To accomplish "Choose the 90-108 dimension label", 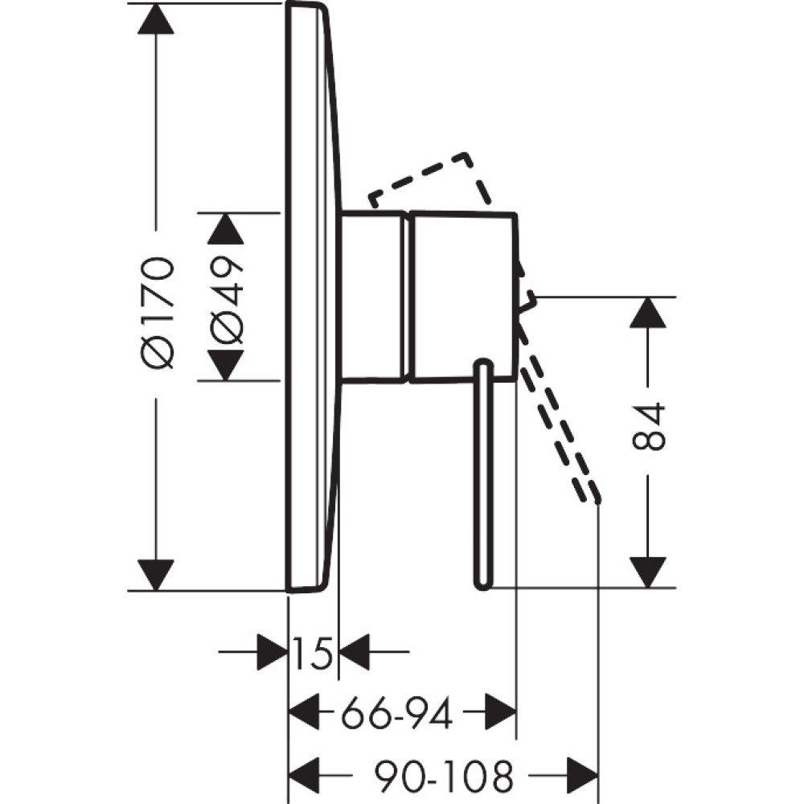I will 443,777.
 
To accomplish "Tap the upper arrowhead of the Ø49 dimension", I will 225,228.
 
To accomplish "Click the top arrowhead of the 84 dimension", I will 648,312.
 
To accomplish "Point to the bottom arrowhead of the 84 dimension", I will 648,572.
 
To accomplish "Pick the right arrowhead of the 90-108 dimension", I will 583,777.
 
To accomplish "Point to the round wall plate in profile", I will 310,297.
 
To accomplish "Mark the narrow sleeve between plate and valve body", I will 372,296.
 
